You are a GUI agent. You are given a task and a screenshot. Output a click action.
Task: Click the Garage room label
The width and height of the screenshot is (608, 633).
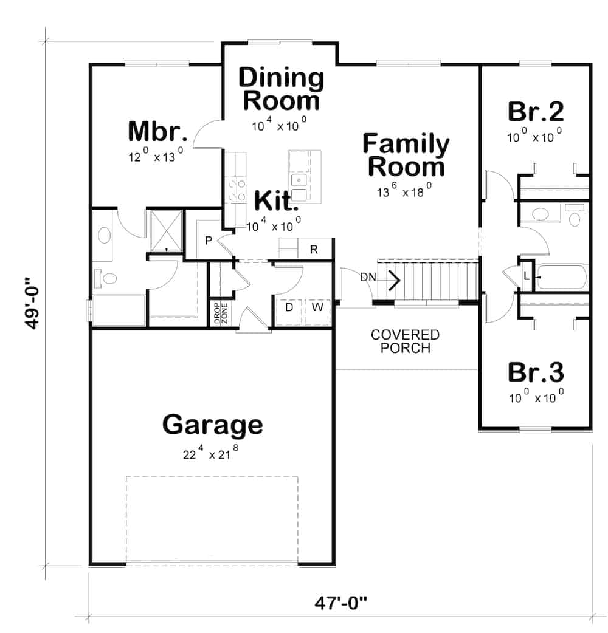(212, 425)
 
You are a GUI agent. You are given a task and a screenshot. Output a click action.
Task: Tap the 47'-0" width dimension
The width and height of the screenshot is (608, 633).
(342, 604)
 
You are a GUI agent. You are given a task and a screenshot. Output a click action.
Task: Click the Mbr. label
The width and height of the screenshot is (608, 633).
(156, 132)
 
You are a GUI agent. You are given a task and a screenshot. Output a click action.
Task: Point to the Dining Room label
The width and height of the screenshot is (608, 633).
(281, 89)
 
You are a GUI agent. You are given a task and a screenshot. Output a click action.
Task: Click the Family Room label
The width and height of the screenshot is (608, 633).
(406, 156)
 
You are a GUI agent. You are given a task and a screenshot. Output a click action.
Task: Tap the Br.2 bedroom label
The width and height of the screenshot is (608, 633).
(535, 112)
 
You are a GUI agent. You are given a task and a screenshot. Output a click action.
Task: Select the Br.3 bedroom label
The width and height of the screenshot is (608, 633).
(535, 371)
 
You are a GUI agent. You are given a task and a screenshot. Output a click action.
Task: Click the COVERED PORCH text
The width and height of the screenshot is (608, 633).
(405, 341)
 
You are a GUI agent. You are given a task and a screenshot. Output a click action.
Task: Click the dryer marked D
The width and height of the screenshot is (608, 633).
(289, 307)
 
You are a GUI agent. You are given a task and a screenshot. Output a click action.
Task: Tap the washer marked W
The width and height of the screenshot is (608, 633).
(317, 307)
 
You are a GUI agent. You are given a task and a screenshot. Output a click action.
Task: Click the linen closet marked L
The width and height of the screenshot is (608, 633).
(527, 276)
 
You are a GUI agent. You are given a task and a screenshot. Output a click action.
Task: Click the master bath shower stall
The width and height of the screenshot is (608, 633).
(167, 231)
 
